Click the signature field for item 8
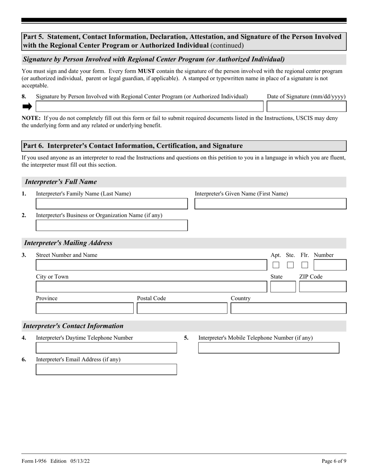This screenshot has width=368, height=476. [150, 106]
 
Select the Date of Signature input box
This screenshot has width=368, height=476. [306, 106]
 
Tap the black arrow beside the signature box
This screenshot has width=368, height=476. [27, 106]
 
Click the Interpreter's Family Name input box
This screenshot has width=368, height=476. [112, 204]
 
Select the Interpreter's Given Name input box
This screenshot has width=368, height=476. [270, 204]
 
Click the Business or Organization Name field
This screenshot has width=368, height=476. [112, 226]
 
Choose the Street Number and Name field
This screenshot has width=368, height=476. [151, 265]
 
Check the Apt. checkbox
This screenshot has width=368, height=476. [276, 265]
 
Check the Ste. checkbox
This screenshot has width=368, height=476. [290, 265]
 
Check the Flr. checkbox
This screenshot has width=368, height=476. [305, 265]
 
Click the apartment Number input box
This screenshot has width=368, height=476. [330, 265]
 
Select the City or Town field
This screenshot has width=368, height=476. [151, 287]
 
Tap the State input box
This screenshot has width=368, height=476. [283, 287]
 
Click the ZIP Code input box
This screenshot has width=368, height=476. [323, 287]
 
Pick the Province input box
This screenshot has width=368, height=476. [84, 308]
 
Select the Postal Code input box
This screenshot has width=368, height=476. [182, 308]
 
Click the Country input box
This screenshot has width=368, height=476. [288, 308]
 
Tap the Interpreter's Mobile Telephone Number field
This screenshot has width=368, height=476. [268, 348]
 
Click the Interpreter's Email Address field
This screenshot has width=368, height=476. [106, 370]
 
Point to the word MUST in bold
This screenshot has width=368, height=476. [146, 71]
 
